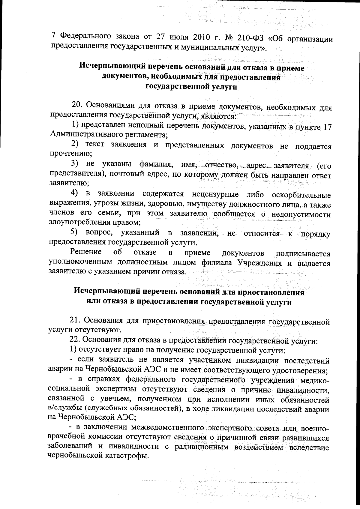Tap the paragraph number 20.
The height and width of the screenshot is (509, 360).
tap(77, 106)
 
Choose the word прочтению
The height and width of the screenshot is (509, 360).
tap(70, 154)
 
